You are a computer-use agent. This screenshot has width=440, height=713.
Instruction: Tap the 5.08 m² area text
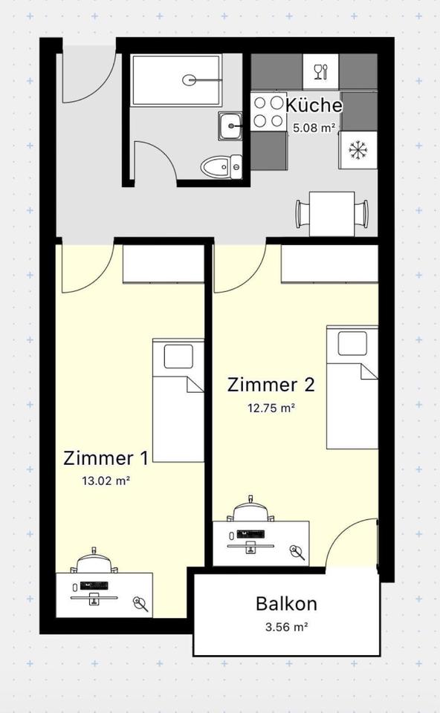(x=314, y=127)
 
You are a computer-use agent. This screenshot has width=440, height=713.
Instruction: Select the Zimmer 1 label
(x=106, y=457)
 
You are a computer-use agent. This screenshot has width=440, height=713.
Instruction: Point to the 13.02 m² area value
(x=106, y=481)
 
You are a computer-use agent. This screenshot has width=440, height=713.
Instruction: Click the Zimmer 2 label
(x=271, y=384)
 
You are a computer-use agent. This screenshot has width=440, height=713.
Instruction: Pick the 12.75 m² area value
(x=271, y=407)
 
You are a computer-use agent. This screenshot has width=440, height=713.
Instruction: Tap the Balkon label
(x=286, y=603)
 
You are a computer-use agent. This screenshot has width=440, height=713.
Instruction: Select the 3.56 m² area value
(x=286, y=626)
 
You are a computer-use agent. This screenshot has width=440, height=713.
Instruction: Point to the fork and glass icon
(x=320, y=71)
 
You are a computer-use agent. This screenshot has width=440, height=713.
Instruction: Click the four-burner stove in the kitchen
(x=268, y=111)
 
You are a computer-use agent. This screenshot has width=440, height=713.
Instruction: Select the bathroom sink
(x=230, y=126)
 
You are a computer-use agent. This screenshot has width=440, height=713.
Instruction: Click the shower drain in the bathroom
(x=192, y=79)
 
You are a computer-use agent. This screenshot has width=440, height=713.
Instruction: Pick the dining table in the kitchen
(x=331, y=213)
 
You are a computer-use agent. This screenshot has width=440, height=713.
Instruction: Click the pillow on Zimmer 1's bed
(x=178, y=356)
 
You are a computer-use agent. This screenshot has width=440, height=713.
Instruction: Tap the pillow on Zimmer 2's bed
(x=352, y=342)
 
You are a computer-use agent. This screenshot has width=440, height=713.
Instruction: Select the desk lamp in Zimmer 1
(x=140, y=603)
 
